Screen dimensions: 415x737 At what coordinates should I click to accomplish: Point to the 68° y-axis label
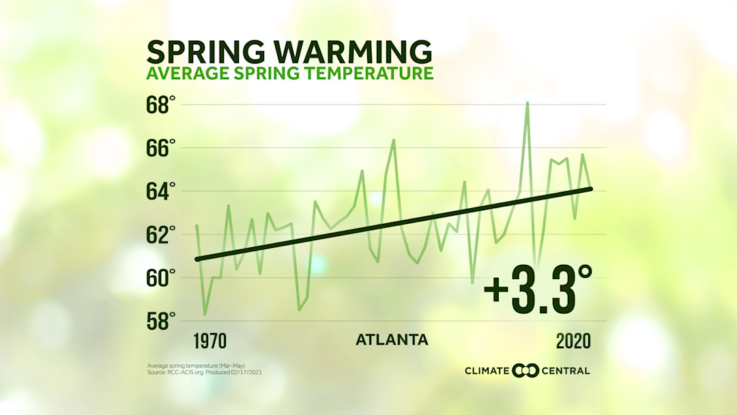[160, 105]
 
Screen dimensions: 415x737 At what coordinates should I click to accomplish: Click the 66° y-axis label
[160, 148]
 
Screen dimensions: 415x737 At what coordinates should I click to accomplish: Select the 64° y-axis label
[160, 191]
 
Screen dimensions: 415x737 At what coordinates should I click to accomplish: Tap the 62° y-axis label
[160, 234]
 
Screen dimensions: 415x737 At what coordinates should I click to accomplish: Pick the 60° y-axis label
[160, 278]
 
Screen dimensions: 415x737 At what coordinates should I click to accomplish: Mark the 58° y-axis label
[160, 321]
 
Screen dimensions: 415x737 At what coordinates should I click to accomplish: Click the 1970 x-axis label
[209, 341]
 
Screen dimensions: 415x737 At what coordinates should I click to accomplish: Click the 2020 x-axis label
[573, 341]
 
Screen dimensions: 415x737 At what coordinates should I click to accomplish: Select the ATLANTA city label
[392, 340]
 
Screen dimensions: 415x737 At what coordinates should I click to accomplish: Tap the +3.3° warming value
[538, 288]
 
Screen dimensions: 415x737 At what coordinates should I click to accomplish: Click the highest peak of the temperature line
[527, 102]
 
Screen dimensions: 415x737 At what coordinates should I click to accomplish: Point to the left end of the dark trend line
[197, 259]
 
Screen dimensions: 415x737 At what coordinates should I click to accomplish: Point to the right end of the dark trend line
[590, 189]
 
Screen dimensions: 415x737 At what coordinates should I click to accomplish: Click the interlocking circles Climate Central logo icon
[525, 371]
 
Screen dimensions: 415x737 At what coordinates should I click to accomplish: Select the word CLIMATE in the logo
[487, 371]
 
